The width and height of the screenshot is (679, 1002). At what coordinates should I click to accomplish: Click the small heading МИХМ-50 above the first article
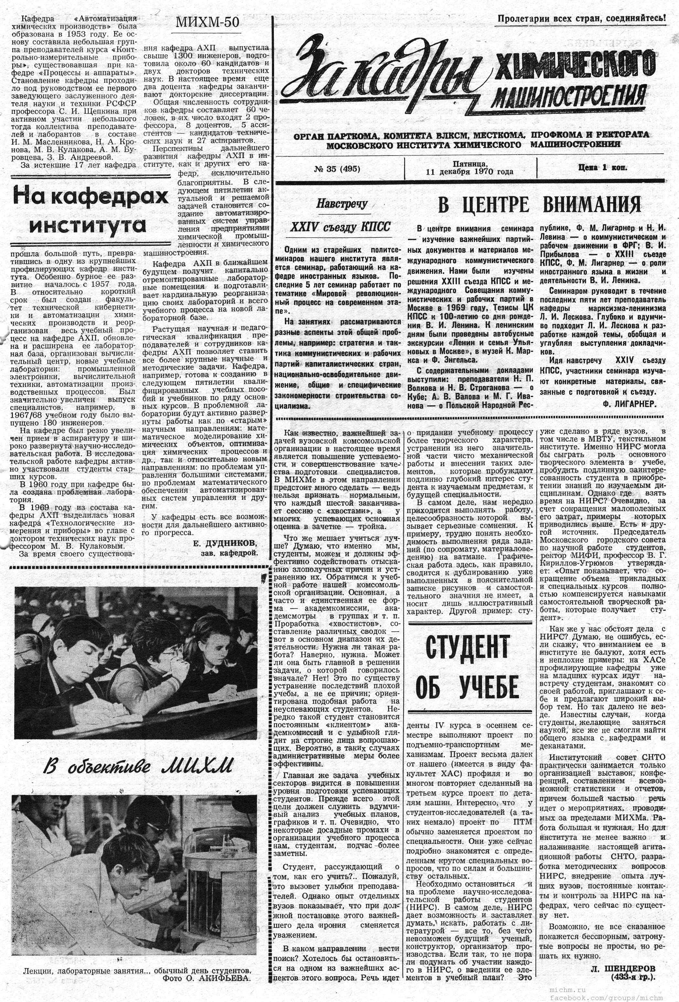(207, 22)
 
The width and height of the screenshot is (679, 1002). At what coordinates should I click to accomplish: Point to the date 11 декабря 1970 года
(469, 172)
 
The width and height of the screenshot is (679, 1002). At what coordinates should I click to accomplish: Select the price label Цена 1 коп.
(603, 168)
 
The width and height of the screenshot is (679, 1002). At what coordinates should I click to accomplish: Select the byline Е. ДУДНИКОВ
(225, 543)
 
